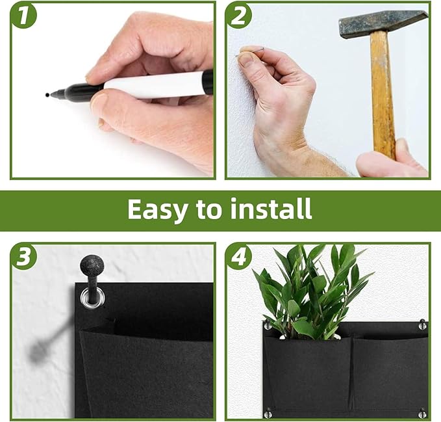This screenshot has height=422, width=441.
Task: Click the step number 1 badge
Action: coord(23,16)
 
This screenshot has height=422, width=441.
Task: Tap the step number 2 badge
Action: coord(238,16)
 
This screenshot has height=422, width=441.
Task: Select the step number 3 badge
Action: coord(23,257)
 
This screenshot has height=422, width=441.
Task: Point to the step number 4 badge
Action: coord(239,257)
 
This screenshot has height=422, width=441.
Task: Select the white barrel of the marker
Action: coord(153,85)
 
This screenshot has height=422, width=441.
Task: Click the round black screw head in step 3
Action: coord(92,265)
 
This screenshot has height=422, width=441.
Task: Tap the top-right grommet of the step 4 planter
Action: coord(422,325)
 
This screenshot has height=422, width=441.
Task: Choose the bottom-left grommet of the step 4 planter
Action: coord(269,412)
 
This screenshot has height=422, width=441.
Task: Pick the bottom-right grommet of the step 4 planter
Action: coord(422,412)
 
